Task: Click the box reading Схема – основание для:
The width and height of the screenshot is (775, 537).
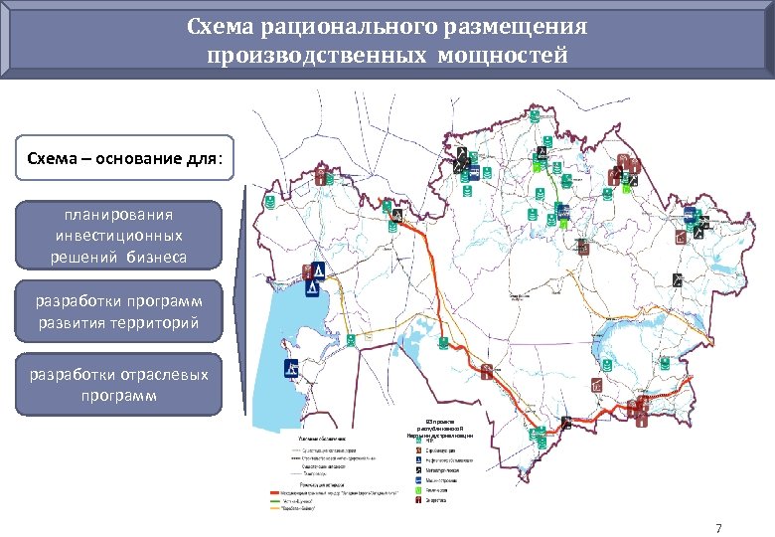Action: [125, 158]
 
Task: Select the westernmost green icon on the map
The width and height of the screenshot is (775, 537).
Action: [267, 202]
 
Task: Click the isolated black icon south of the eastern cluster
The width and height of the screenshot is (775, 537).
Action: [677, 280]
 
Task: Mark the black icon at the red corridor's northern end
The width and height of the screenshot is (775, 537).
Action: [397, 215]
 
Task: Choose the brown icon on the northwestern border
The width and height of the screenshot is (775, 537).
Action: [321, 177]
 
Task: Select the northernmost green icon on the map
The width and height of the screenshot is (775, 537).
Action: [533, 116]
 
